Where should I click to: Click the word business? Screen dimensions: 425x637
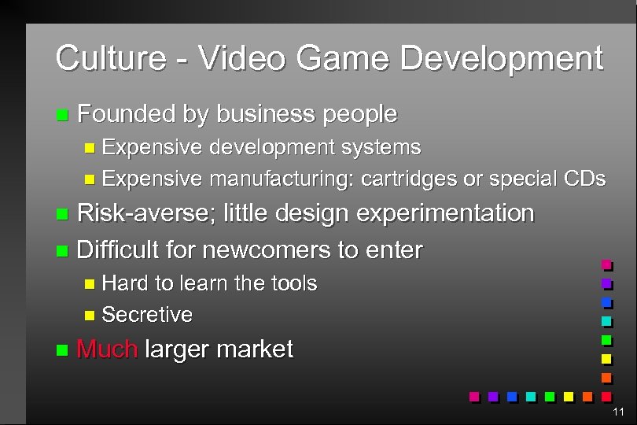click(265, 114)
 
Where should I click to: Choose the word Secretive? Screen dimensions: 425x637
click(147, 315)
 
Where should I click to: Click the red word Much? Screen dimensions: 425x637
click(107, 349)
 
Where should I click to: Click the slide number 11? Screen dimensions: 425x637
click(618, 412)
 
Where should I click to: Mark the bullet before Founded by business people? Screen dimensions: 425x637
click(62, 115)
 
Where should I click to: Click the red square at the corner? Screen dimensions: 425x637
click(606, 395)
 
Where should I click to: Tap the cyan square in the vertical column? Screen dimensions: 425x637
click(606, 321)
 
